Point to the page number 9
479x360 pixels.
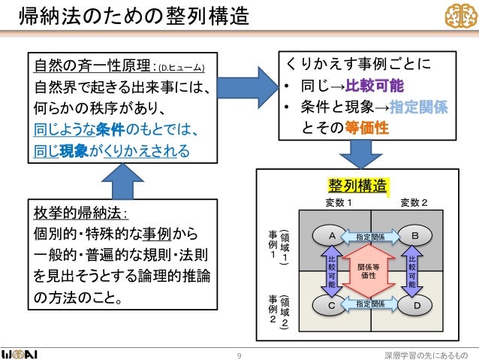[239, 348]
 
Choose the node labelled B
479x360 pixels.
[415, 236]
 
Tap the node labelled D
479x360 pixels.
[415, 305]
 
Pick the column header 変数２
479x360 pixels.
[414, 201]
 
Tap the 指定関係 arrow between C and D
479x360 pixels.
[372, 304]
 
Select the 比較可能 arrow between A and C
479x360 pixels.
[331, 271]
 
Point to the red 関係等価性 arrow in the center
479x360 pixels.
[372, 271]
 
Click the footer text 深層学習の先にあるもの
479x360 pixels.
[425, 348]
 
